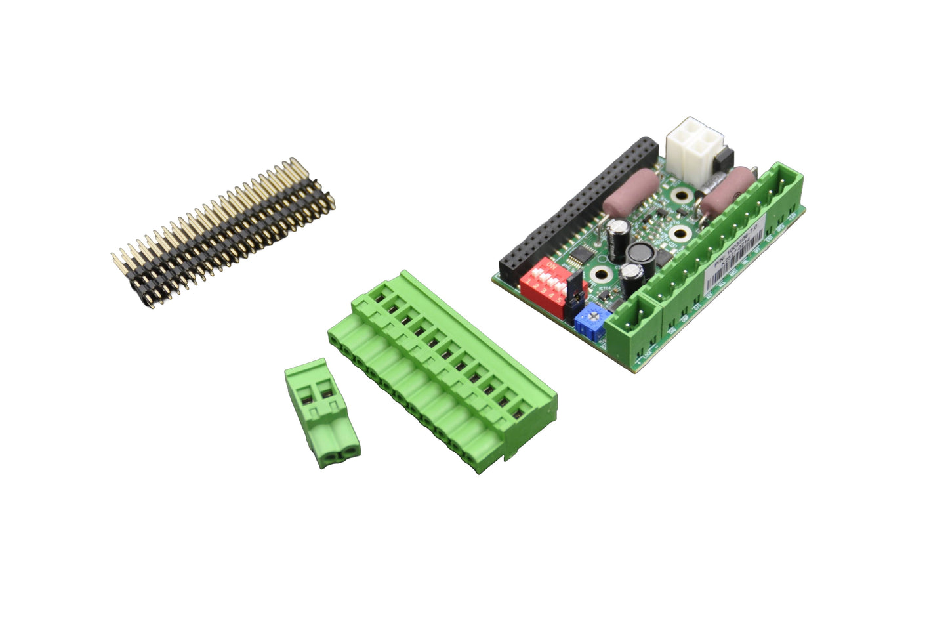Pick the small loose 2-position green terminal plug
click(321, 412)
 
